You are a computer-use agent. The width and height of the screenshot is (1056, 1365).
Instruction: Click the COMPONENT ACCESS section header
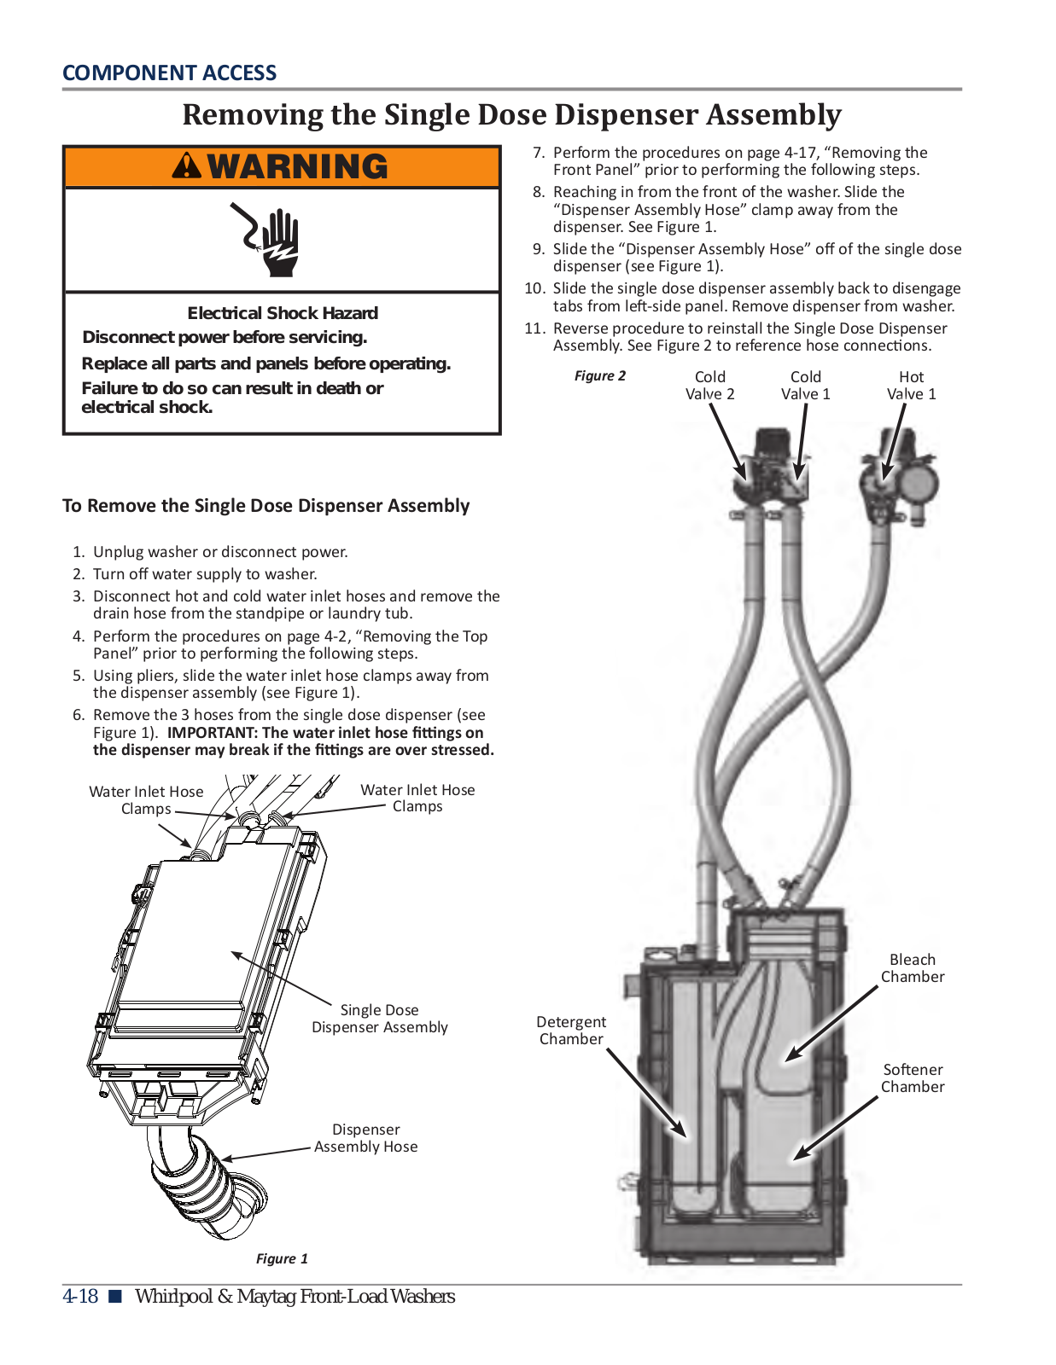[169, 73]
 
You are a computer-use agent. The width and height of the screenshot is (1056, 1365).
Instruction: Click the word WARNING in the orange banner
[297, 166]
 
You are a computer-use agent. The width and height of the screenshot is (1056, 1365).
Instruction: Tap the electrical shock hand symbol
[271, 239]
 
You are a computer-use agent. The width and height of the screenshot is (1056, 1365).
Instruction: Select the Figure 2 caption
[599, 375]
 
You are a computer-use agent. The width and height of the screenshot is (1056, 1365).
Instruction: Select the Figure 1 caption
[282, 1258]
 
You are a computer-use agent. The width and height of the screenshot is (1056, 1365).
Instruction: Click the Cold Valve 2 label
[709, 385]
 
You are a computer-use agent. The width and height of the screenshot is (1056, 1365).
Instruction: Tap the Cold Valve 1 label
[805, 385]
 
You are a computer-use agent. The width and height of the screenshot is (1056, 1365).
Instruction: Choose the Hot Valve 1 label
[911, 385]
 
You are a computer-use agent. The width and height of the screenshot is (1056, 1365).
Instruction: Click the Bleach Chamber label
[912, 968]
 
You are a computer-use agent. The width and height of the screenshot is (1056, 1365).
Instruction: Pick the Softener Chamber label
[912, 1077]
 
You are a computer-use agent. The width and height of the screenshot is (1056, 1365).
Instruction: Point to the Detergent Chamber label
[571, 1030]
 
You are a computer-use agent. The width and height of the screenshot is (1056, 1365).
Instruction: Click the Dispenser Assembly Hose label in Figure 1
[365, 1138]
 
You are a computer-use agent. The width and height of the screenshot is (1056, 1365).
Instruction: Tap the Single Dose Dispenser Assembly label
[379, 1019]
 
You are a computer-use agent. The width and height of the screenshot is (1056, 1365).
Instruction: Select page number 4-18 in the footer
[80, 1297]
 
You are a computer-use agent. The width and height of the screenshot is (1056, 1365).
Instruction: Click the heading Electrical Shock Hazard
[283, 313]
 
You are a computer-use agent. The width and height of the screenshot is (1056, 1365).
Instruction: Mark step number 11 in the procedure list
[534, 328]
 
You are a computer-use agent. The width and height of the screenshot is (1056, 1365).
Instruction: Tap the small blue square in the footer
[115, 1297]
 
